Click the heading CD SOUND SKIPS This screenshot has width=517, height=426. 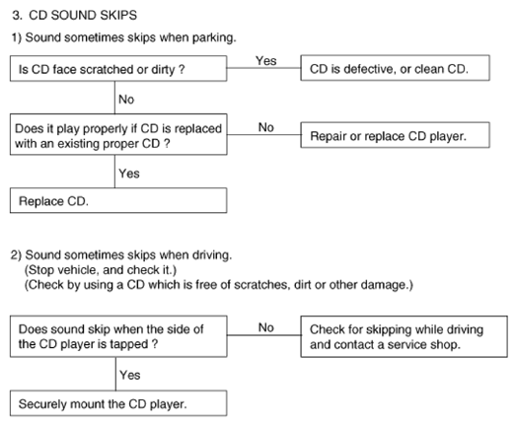click(x=83, y=16)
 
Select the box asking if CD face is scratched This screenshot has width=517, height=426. click(x=118, y=68)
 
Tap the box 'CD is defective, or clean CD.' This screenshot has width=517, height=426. click(x=395, y=68)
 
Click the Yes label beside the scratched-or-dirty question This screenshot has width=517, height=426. click(x=266, y=60)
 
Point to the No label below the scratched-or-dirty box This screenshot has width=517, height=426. click(x=126, y=100)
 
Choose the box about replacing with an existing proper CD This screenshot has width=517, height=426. click(x=118, y=134)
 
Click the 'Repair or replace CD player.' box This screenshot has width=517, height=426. click(x=395, y=135)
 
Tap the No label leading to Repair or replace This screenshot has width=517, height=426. click(x=266, y=127)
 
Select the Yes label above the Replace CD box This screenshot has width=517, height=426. click(x=129, y=174)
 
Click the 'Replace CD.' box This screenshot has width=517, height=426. click(x=118, y=200)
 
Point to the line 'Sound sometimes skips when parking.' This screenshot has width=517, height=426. click(x=130, y=37)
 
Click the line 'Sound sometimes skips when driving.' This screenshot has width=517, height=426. click(x=128, y=255)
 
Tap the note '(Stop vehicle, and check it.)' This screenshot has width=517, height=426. click(x=101, y=270)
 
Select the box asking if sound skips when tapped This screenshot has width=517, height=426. click(x=118, y=336)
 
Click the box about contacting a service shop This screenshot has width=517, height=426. click(x=404, y=336)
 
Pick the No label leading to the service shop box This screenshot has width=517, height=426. click(x=266, y=327)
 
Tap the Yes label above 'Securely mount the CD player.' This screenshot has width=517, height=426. click(x=130, y=375)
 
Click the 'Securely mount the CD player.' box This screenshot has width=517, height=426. click(x=118, y=403)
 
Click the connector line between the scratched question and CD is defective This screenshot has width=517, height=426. click(x=263, y=68)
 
